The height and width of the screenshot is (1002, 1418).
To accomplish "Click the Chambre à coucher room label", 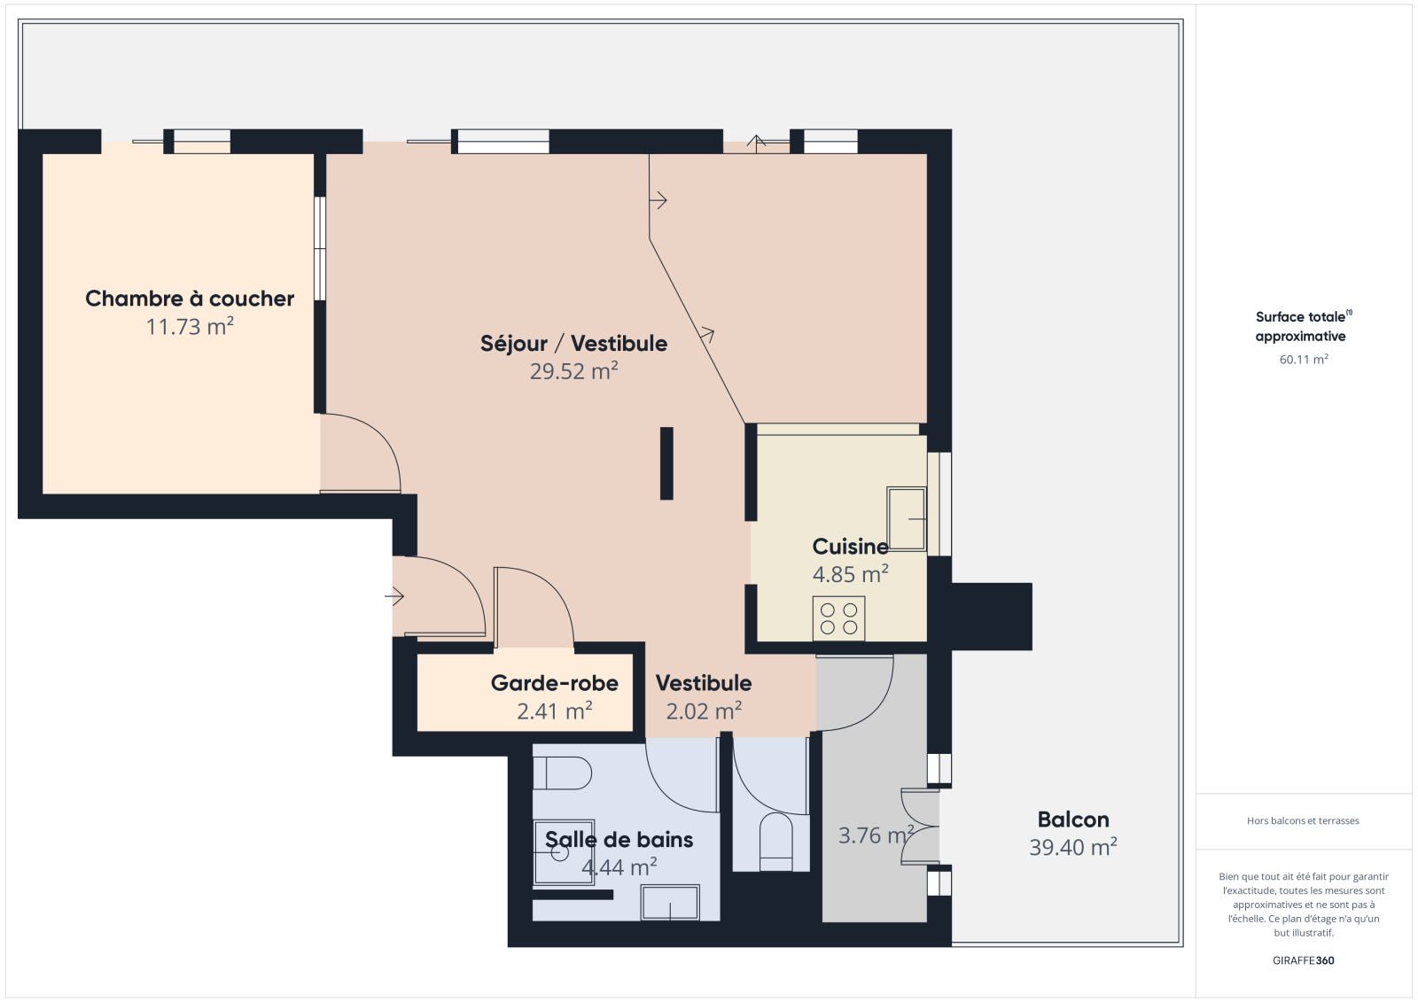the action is click(x=190, y=299).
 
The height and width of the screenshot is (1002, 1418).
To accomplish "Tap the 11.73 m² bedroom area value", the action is click(x=190, y=326).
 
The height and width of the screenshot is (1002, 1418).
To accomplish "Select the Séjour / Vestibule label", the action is click(x=573, y=343).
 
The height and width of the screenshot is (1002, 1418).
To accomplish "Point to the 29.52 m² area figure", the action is click(x=573, y=371).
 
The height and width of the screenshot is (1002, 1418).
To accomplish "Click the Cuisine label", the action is click(x=850, y=546).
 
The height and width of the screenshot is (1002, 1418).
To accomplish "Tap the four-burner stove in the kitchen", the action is click(x=838, y=618).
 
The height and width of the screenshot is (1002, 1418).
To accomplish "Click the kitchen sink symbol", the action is click(x=907, y=518).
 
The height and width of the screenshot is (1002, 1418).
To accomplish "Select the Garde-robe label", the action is click(x=555, y=683).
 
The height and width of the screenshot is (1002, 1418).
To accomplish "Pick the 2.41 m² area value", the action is click(x=555, y=711).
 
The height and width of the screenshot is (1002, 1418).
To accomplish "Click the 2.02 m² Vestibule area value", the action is click(x=704, y=711).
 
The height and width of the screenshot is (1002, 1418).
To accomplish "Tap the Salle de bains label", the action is click(x=619, y=839).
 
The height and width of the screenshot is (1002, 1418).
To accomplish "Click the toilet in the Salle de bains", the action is click(x=562, y=773).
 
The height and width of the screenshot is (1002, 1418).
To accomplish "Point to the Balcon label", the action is click(x=1073, y=819).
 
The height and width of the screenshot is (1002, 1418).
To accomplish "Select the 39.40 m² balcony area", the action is click(x=1073, y=847).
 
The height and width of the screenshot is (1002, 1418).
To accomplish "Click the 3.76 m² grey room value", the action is click(x=877, y=835).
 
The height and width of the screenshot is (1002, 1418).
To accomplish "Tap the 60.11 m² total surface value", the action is click(x=1304, y=360).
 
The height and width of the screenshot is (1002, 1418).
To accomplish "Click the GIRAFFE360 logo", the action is click(x=1304, y=960).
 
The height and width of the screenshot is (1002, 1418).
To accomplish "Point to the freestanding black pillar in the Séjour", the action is click(x=666, y=463).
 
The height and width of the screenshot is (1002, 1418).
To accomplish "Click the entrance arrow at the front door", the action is click(x=394, y=596).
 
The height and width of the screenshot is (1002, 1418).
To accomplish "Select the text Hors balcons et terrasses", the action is click(x=1303, y=821).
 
